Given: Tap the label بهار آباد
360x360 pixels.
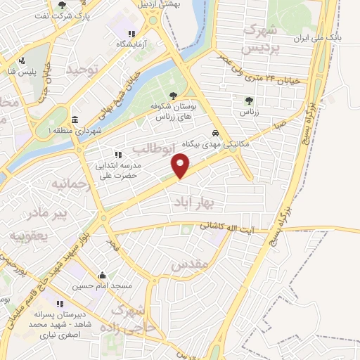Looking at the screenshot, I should point(193,202).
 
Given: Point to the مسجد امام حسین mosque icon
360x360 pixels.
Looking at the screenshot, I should point(103,275).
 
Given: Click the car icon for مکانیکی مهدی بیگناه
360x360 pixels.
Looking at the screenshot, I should point(215,133).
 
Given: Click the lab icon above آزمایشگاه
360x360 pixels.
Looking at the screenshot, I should point(131,33).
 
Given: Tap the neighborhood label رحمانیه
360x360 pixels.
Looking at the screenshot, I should point(68,184).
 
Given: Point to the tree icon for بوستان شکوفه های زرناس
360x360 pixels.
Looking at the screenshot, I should point(174,95).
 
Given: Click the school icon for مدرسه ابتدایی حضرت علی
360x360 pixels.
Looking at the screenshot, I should point(117,155).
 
